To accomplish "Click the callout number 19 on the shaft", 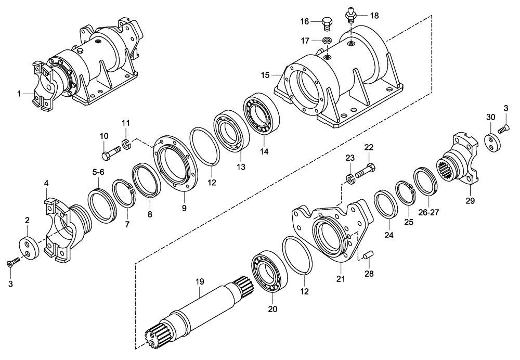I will [x=199, y=281].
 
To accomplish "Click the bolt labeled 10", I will [x=112, y=153].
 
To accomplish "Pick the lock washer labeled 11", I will [x=126, y=143].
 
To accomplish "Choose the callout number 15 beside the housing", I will [x=265, y=75].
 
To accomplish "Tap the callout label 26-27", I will [x=429, y=212].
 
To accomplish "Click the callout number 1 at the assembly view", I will [x=19, y=94].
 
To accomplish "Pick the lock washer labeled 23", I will [x=350, y=180].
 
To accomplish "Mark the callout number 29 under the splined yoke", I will [x=470, y=200].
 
